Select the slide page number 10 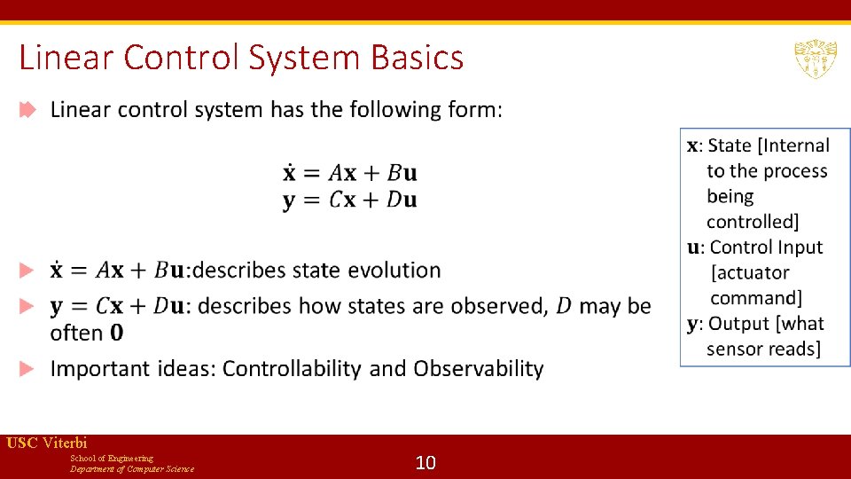(x=425, y=462)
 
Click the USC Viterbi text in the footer (x=47, y=443)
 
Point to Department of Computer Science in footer (x=132, y=468)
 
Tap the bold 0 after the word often (x=117, y=334)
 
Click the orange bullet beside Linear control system (x=28, y=110)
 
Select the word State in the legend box (x=730, y=145)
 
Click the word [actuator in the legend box (x=750, y=272)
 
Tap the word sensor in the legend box (x=736, y=349)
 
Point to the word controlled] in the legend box (x=753, y=222)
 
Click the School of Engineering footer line (x=112, y=458)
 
